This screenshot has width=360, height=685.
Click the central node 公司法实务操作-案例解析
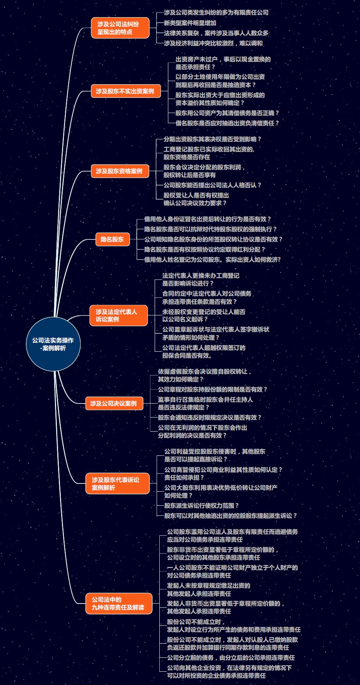coord(53,344)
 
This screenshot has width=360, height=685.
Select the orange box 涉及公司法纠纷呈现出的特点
coord(120,28)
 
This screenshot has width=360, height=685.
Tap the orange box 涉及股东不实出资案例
coord(126,91)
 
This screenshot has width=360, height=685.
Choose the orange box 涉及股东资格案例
coord(120,171)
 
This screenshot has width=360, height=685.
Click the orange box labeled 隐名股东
coord(112,239)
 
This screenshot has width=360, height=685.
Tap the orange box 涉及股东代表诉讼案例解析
coord(117,483)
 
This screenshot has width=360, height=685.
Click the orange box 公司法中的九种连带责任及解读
coord(118,604)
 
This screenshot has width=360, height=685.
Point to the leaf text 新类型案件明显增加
coord(190,23)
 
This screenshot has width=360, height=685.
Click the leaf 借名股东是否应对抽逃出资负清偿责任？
coord(228,123)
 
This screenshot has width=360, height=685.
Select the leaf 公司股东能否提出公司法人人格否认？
coord(212,185)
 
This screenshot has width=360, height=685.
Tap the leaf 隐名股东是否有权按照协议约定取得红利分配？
coord(205,249)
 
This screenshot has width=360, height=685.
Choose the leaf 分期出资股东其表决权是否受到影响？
coord(212,139)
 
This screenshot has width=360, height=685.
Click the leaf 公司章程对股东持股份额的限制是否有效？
coord(213,389)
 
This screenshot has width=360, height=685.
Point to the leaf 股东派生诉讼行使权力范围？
coord(201,505)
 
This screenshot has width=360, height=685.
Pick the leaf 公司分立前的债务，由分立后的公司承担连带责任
coord(231,657)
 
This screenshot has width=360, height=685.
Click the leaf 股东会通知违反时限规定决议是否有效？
coord(210,417)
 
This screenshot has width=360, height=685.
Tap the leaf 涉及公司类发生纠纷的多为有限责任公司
coord(216,12)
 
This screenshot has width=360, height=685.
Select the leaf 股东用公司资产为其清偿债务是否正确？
coord(228,113)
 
